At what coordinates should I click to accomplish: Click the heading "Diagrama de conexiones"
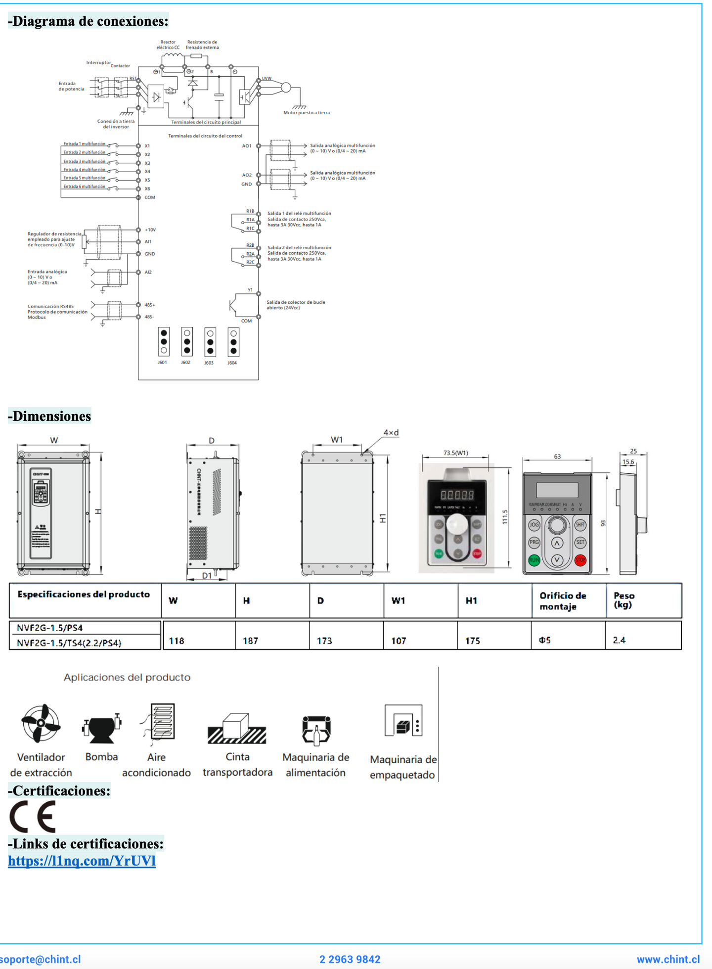(x=88, y=21)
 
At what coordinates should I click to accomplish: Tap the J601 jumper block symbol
(x=164, y=342)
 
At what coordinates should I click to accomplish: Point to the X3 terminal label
(x=147, y=163)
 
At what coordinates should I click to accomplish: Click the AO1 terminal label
(x=247, y=146)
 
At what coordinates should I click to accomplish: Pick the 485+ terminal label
(x=150, y=305)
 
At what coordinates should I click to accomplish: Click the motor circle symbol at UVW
(x=286, y=88)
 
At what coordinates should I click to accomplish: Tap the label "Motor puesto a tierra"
(x=307, y=113)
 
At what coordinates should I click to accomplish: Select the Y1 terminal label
(x=250, y=290)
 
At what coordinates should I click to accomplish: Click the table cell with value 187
(x=251, y=641)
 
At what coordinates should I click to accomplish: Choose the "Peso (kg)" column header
(x=624, y=600)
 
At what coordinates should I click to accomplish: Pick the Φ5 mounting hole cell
(x=545, y=640)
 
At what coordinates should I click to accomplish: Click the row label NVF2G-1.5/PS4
(x=50, y=628)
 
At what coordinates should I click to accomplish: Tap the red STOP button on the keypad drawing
(x=580, y=560)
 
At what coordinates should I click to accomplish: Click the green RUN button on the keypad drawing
(x=534, y=560)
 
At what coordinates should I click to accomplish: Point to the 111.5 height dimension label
(x=505, y=517)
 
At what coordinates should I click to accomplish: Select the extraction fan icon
(x=41, y=723)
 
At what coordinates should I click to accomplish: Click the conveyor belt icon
(x=237, y=728)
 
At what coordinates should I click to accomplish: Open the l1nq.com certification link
(x=82, y=861)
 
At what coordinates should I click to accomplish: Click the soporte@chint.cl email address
(x=41, y=960)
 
